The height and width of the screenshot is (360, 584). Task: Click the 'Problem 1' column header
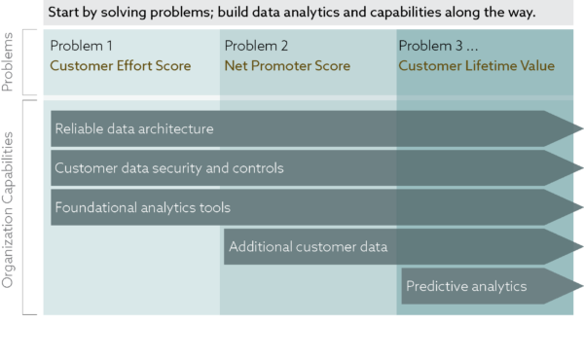coord(82,46)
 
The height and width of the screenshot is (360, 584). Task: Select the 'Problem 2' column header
coord(256,46)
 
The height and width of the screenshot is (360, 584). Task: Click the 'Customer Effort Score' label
coord(120,66)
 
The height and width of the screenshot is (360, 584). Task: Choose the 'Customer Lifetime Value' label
coord(476,66)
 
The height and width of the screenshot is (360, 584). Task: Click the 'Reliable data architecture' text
coord(133,128)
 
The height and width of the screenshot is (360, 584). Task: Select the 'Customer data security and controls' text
coord(169,168)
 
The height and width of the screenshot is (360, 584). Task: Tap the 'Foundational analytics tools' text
coord(142,207)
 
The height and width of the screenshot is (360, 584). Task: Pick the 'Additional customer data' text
coord(308,247)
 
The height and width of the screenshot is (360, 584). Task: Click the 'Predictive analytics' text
coord(466,286)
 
